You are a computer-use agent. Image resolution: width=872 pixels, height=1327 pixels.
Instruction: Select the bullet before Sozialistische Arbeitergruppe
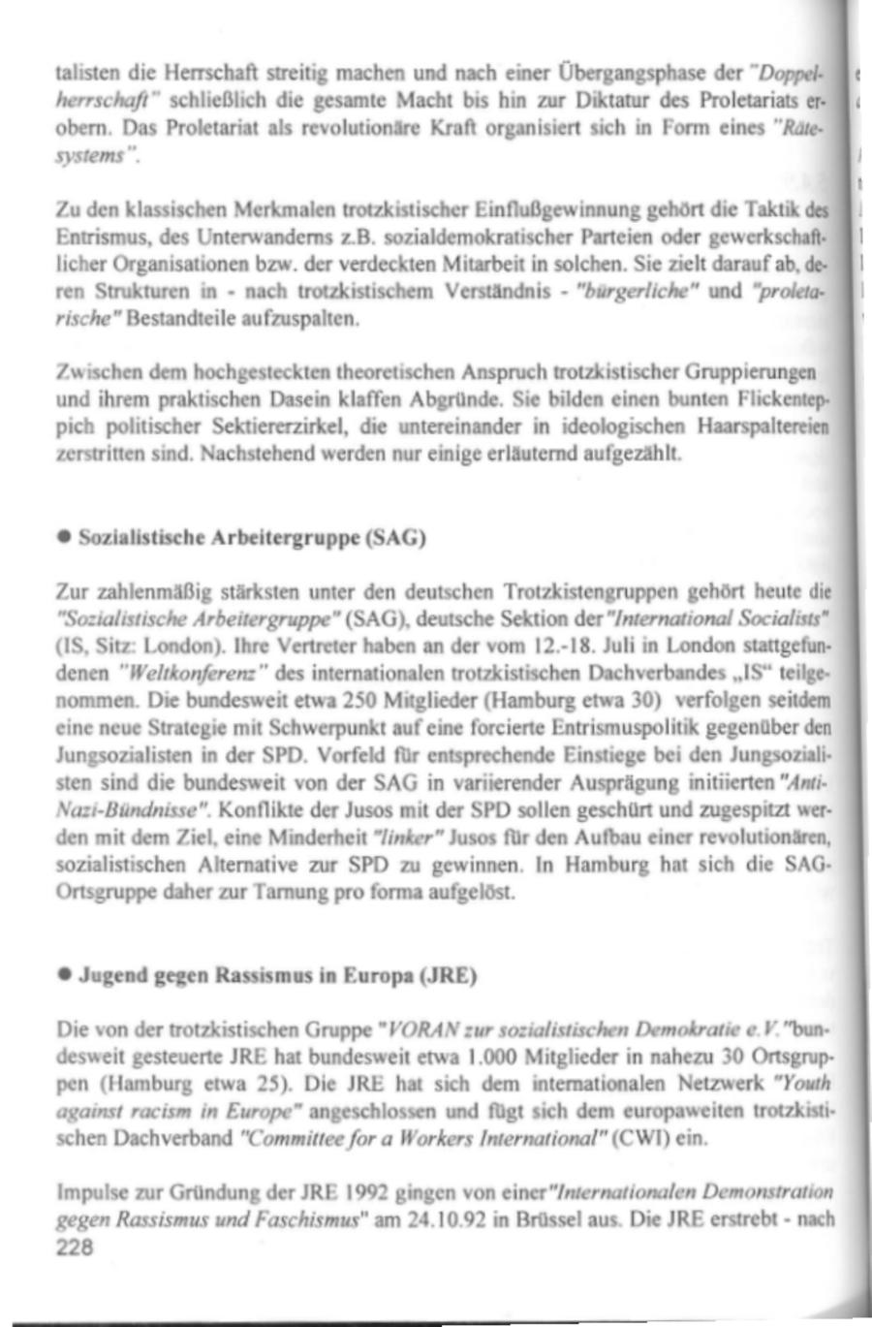click(x=63, y=537)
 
